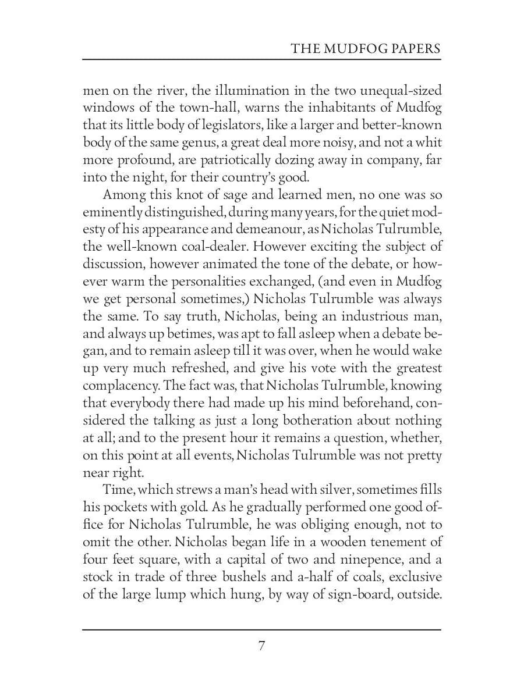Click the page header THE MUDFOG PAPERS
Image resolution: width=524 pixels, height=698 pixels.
point(366,48)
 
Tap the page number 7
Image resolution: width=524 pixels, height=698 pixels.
point(262,646)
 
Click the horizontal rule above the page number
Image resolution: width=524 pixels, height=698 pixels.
point(262,629)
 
